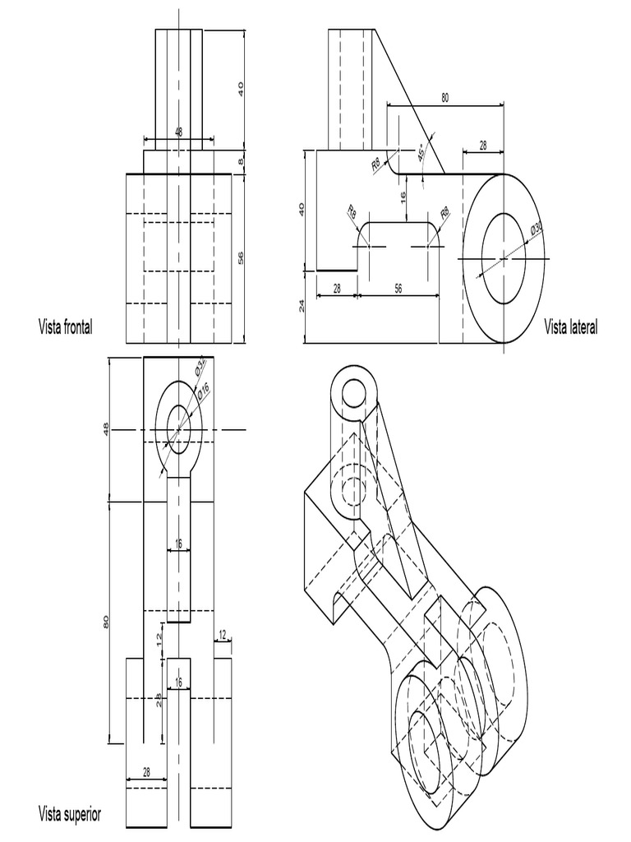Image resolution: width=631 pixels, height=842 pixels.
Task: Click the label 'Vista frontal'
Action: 65,326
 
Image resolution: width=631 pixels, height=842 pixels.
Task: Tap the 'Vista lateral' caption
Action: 571,327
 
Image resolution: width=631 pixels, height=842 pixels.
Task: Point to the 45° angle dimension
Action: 421,153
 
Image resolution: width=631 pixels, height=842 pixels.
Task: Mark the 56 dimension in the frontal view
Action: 240,258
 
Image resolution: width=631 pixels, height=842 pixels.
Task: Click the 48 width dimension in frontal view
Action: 178,132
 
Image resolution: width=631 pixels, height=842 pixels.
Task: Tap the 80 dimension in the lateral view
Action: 444,98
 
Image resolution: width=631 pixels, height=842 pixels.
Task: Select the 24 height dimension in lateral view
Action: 302,306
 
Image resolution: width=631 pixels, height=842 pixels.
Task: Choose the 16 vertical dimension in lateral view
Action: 403,197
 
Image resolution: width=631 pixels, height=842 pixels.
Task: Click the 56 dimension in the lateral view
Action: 398,288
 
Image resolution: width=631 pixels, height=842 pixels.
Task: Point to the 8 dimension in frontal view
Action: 241,162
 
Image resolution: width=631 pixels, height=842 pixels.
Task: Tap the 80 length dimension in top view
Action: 106,622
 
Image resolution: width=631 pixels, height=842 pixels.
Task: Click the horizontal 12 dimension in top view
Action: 222,633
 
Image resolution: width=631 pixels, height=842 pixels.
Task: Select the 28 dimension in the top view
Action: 146,771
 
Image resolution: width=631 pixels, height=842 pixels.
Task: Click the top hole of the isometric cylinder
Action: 356,392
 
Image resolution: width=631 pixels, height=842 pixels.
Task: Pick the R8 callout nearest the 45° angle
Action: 377,165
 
